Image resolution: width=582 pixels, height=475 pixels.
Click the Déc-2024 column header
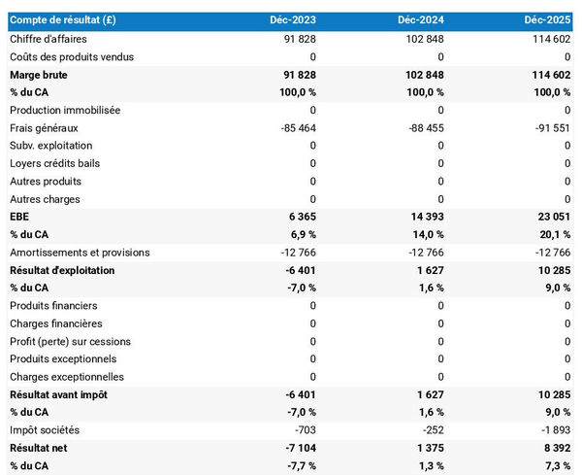[420, 20]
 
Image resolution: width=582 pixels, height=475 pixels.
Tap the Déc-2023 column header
[293, 20]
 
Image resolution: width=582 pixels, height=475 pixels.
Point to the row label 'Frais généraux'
[44, 127]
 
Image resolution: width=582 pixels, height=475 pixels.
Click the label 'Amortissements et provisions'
[80, 253]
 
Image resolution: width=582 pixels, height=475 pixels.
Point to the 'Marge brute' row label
[40, 74]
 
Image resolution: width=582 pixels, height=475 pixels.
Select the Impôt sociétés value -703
[303, 430]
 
